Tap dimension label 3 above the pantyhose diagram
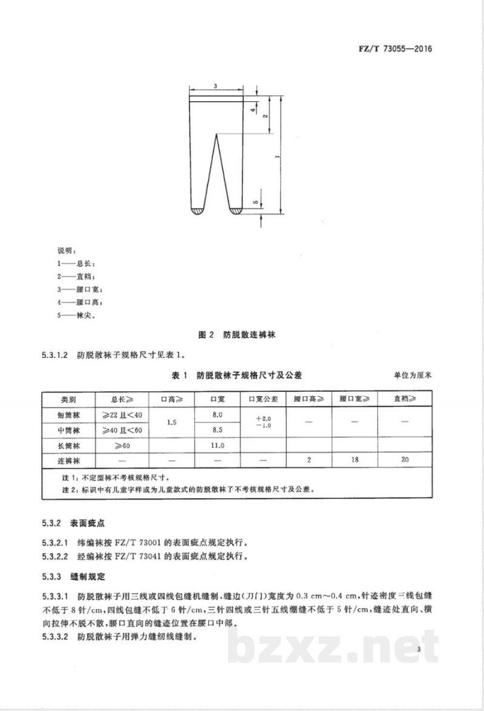215,87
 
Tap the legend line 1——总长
76,264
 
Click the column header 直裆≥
405,400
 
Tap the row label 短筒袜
68,415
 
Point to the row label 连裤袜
68,460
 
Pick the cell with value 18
355,460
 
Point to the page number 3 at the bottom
418,650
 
